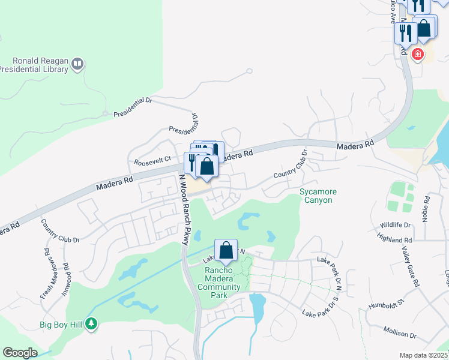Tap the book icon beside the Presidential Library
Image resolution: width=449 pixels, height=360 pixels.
click(77, 63)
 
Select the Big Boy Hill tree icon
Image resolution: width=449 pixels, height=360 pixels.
click(91, 325)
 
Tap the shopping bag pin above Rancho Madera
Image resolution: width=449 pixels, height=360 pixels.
click(226, 251)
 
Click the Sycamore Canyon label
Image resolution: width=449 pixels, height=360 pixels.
click(318, 196)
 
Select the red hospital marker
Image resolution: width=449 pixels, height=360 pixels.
click(417, 55)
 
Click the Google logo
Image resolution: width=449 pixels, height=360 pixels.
click(20, 353)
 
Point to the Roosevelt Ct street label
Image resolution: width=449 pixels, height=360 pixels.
click(152, 160)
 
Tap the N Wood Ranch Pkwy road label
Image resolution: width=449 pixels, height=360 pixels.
click(184, 208)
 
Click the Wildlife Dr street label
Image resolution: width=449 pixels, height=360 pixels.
click(395, 225)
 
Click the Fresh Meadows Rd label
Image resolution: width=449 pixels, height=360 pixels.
click(47, 266)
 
